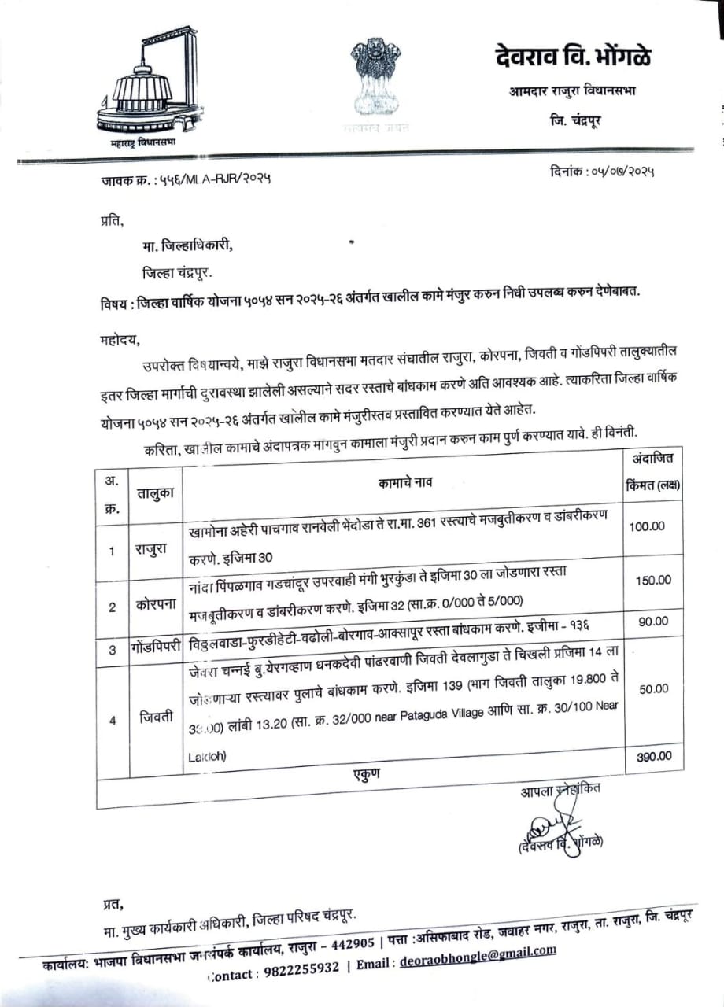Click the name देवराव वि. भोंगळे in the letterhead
coord(573,57)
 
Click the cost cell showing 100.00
coord(647,526)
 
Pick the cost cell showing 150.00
coord(653,580)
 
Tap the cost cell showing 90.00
coord(653,621)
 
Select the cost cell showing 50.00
coord(653,688)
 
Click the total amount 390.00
coord(654,756)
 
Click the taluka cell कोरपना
coord(153,607)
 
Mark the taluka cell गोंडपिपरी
coord(156,649)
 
